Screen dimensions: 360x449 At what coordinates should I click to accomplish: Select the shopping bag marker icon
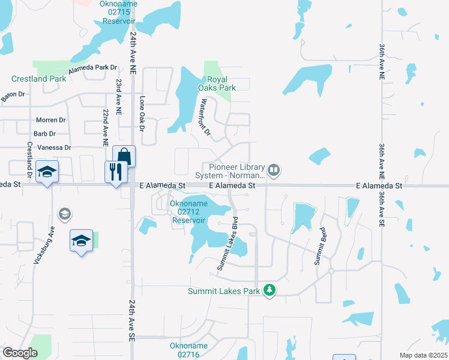[x=124, y=156]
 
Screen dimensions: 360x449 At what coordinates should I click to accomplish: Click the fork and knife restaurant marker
[x=114, y=172]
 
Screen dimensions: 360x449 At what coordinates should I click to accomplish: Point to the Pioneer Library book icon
[x=274, y=170]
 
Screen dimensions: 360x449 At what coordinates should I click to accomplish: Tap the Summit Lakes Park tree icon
[x=270, y=291]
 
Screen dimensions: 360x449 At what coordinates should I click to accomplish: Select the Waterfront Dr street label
[x=206, y=116]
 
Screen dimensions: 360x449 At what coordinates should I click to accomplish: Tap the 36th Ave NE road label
[x=382, y=62]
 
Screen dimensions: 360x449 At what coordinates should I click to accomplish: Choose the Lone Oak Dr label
[x=142, y=114]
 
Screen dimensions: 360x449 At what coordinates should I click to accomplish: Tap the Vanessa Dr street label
[x=54, y=148]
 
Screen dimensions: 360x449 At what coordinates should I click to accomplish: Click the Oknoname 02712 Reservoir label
[x=188, y=212]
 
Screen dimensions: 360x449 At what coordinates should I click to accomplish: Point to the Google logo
[x=20, y=353]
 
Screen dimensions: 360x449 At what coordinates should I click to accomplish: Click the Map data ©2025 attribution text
[x=423, y=355]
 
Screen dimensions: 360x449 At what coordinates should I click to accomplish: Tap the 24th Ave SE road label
[x=131, y=321]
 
